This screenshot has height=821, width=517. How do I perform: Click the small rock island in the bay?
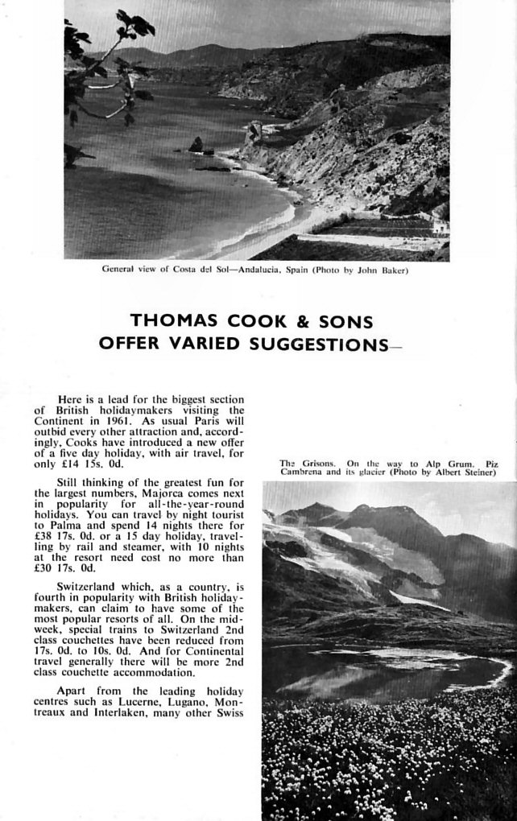(196, 145)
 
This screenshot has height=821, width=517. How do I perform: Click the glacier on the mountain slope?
(354, 555)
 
